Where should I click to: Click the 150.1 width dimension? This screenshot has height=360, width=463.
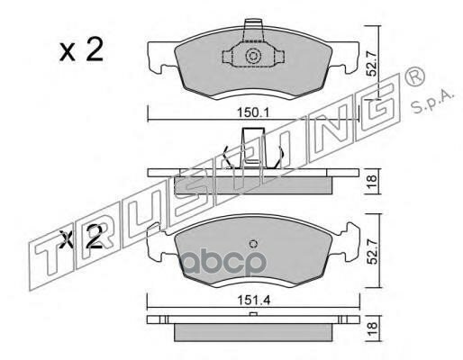coord(254,113)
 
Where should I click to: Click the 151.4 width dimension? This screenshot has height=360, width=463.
coord(254,300)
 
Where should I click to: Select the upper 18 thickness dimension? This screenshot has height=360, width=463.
coord(372,181)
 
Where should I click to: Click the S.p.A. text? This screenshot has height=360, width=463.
coord(431,102)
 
